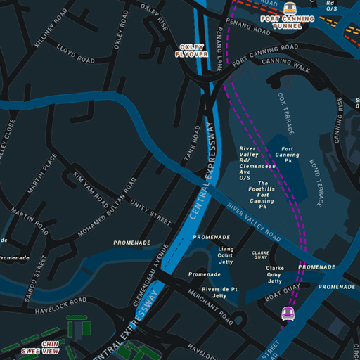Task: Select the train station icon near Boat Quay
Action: pyautogui.click(x=287, y=314)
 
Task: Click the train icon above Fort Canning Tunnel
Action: pyautogui.click(x=289, y=7)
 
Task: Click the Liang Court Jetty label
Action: pyautogui.click(x=226, y=255)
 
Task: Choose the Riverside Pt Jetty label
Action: pyautogui.click(x=220, y=292)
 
